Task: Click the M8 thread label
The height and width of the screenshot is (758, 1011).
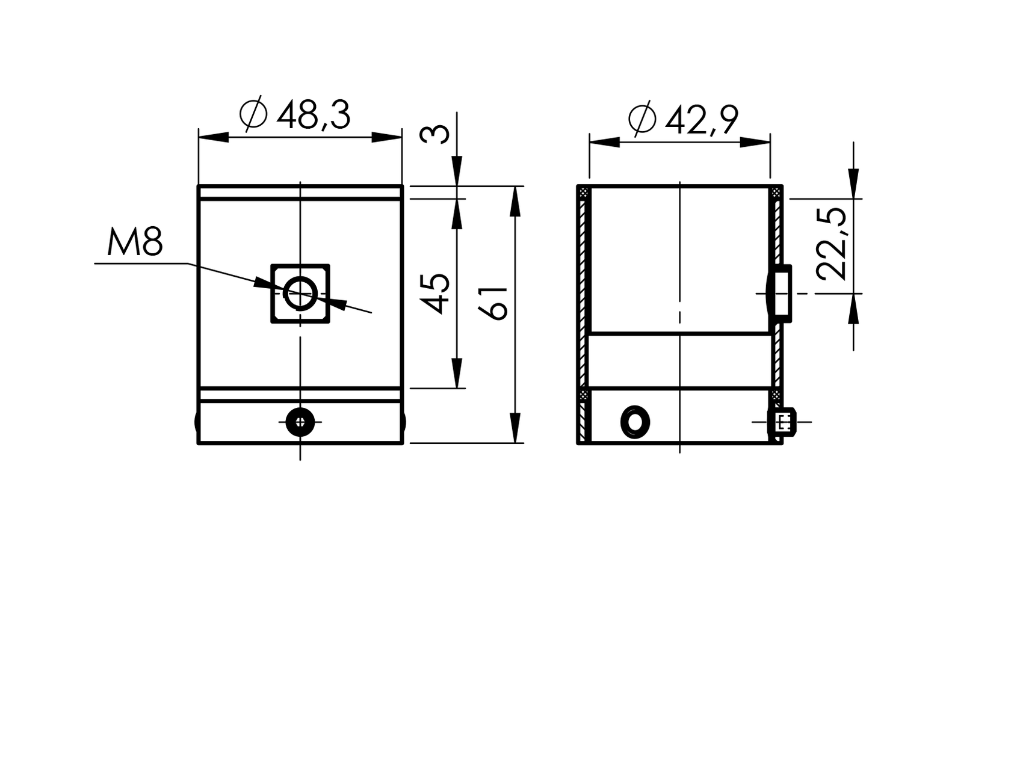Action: click(135, 243)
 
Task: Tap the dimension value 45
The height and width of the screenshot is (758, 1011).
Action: click(436, 294)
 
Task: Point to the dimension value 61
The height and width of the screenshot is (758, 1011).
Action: click(494, 303)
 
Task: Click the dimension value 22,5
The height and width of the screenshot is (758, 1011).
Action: click(833, 244)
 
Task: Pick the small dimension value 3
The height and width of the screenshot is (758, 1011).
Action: click(435, 134)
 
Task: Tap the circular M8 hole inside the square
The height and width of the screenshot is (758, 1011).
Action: click(300, 294)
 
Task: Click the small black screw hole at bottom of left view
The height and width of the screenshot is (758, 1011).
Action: click(300, 422)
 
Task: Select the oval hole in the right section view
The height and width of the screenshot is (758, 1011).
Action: click(635, 421)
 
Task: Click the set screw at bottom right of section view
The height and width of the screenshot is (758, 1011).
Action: click(783, 422)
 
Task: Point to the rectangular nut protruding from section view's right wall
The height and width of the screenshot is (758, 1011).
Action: click(782, 294)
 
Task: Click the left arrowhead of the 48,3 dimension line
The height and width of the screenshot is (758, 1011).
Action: click(214, 137)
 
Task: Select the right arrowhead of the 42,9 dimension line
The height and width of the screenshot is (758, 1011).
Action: click(755, 143)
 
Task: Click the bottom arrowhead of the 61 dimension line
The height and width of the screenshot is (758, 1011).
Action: click(515, 428)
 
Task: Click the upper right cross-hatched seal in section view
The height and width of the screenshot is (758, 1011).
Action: click(776, 193)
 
